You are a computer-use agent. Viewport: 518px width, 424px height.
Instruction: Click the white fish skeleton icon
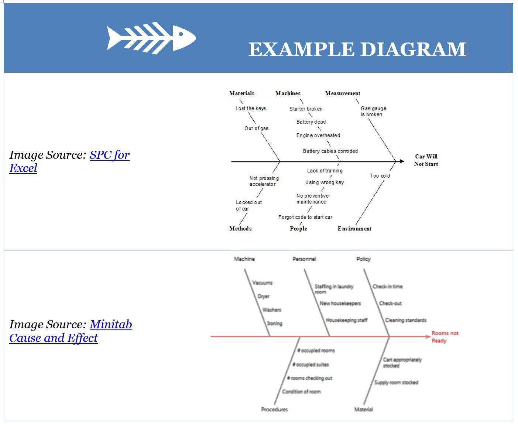(151, 38)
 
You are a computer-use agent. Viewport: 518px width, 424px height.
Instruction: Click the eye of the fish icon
(181, 34)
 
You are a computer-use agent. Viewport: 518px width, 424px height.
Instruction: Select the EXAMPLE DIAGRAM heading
(357, 49)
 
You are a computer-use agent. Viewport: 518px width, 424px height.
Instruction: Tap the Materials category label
(242, 93)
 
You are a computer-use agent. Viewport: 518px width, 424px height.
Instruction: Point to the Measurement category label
(343, 93)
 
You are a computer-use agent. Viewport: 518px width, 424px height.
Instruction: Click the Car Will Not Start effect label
(426, 160)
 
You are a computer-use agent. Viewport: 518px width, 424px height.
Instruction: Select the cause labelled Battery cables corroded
(330, 151)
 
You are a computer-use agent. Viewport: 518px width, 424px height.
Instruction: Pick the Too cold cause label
(380, 176)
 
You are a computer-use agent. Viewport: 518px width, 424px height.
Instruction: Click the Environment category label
(354, 229)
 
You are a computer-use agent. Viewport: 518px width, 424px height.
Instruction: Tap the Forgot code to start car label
(305, 217)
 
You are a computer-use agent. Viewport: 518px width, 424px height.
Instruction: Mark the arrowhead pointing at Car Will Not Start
(402, 161)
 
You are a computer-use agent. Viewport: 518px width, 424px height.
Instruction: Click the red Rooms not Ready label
(445, 337)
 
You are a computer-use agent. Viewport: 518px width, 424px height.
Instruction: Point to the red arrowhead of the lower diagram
(428, 336)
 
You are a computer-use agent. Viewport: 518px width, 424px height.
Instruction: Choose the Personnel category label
(304, 259)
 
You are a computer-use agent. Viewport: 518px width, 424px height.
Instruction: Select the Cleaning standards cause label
(405, 320)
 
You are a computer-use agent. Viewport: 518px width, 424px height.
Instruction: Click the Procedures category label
(274, 410)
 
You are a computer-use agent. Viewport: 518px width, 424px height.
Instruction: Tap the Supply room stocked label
(396, 383)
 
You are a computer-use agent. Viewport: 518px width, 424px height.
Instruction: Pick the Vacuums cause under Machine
(262, 283)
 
